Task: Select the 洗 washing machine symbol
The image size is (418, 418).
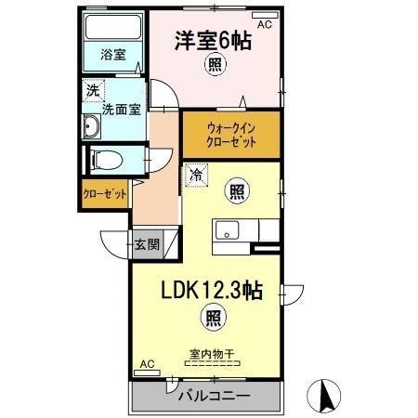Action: pyautogui.click(x=93, y=90)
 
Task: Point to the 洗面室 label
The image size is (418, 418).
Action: pyautogui.click(x=121, y=107)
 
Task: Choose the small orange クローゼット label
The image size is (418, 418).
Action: pyautogui.click(x=104, y=195)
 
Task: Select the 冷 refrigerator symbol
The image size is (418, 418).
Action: pyautogui.click(x=196, y=174)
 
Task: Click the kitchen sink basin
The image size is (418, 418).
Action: pyautogui.click(x=229, y=229)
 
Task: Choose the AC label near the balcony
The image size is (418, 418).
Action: pyautogui.click(x=147, y=365)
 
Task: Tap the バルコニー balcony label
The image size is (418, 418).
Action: pyautogui.click(x=211, y=397)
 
